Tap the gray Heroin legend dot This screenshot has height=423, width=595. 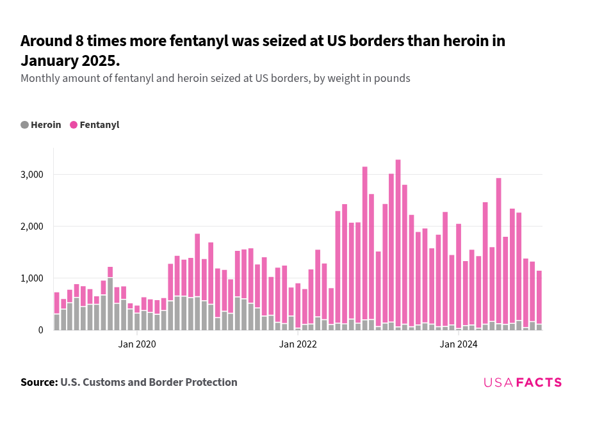click(x=25, y=125)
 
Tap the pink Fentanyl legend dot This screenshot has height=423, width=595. click(x=74, y=125)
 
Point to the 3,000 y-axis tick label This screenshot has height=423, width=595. click(x=32, y=175)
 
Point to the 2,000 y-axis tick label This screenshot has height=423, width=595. click(x=32, y=227)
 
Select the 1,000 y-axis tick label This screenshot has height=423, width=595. click(x=32, y=278)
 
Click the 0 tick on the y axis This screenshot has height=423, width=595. click(x=40, y=330)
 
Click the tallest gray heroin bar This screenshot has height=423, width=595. click(x=110, y=304)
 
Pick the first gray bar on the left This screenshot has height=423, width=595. click(x=56, y=322)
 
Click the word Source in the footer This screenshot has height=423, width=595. click(x=38, y=382)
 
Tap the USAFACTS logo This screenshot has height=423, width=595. click(x=522, y=383)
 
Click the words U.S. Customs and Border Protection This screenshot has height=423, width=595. click(x=149, y=382)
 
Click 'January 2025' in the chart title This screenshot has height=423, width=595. click(x=69, y=61)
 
